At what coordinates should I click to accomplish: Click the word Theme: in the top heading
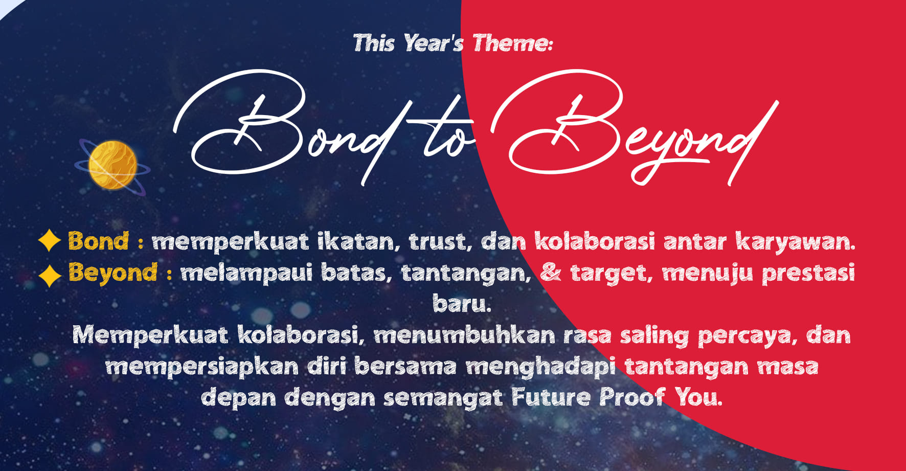pos(512,43)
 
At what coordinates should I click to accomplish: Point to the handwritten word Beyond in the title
pos(634,128)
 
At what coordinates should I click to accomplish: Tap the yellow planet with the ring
pos(112,165)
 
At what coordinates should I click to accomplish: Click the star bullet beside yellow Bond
pos(50,240)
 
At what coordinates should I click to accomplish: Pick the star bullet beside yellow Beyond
pos(50,276)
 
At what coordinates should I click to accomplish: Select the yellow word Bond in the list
pos(98,241)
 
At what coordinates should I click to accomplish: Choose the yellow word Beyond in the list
pos(112,273)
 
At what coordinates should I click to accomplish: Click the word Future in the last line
pos(551,397)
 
